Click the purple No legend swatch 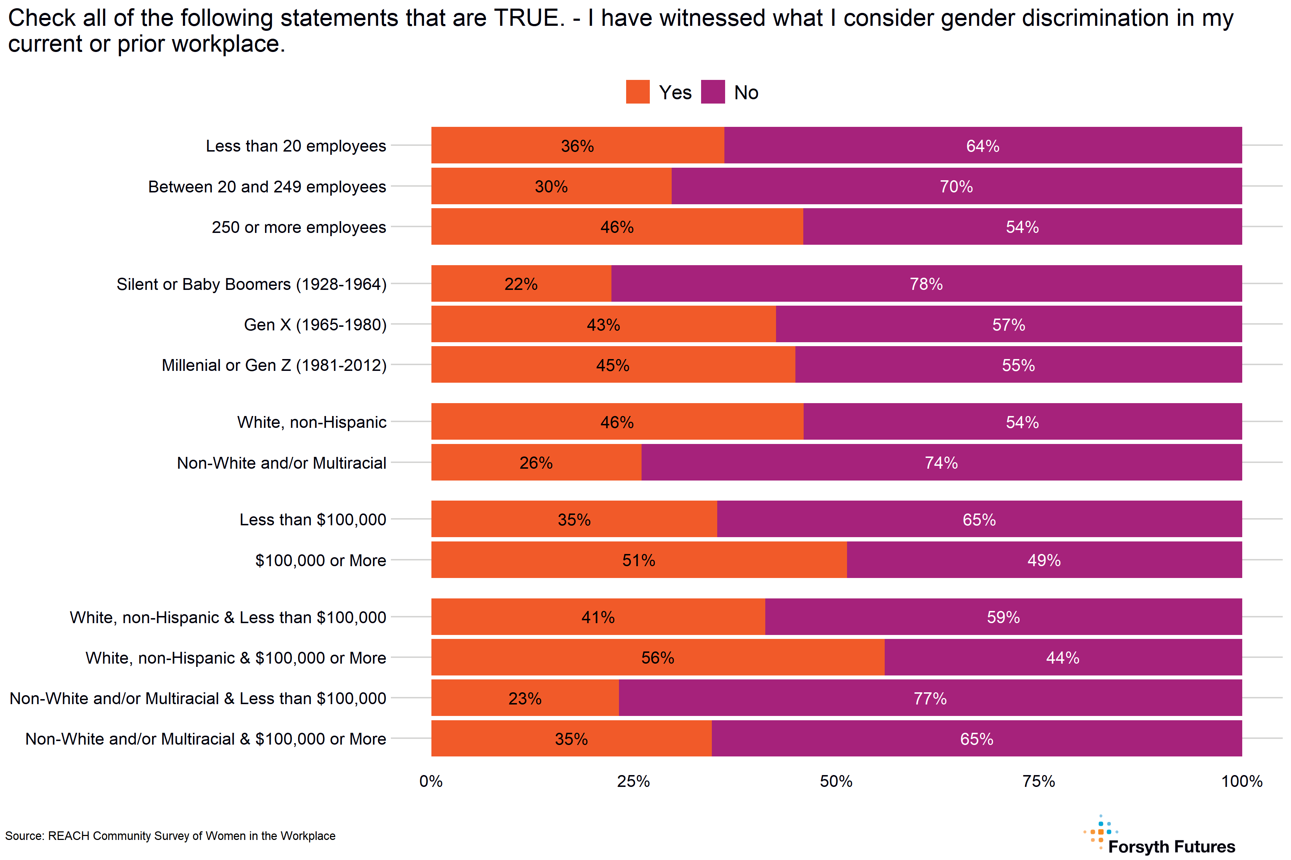[713, 92]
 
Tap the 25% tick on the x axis [633, 781]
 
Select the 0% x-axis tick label [431, 781]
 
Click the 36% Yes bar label [577, 146]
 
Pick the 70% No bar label [956, 186]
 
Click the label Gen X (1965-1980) [315, 325]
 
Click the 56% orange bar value [658, 658]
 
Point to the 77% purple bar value [930, 698]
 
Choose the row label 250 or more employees [299, 227]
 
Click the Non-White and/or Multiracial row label [281, 463]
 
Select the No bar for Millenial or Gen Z [1018, 365]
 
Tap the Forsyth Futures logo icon [1101, 832]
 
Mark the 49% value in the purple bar [1044, 560]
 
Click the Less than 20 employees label [296, 146]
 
